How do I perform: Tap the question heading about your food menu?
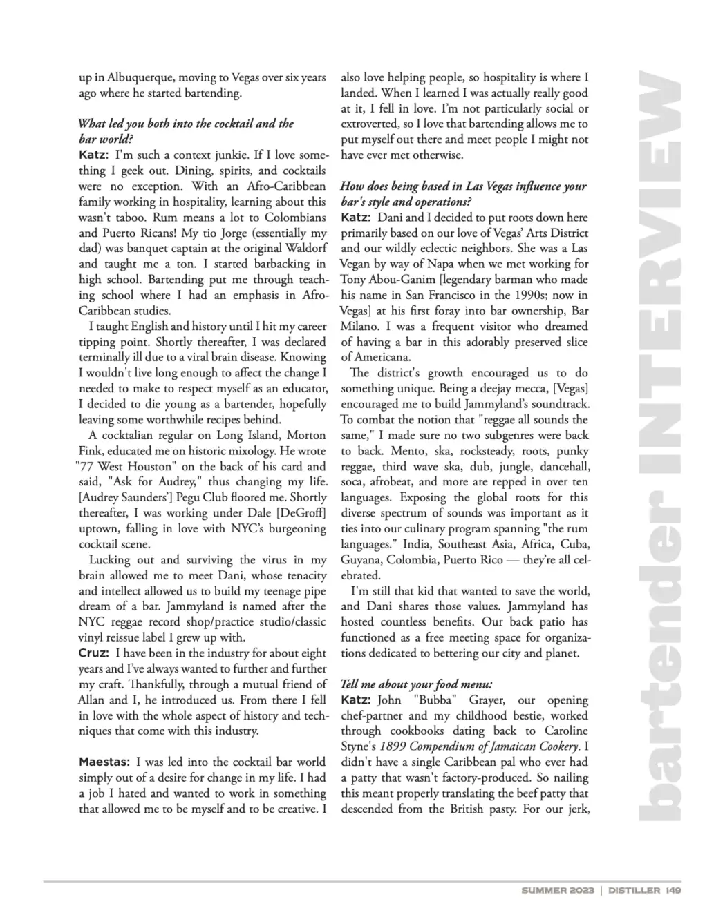click(x=416, y=684)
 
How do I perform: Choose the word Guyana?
click(x=361, y=560)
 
